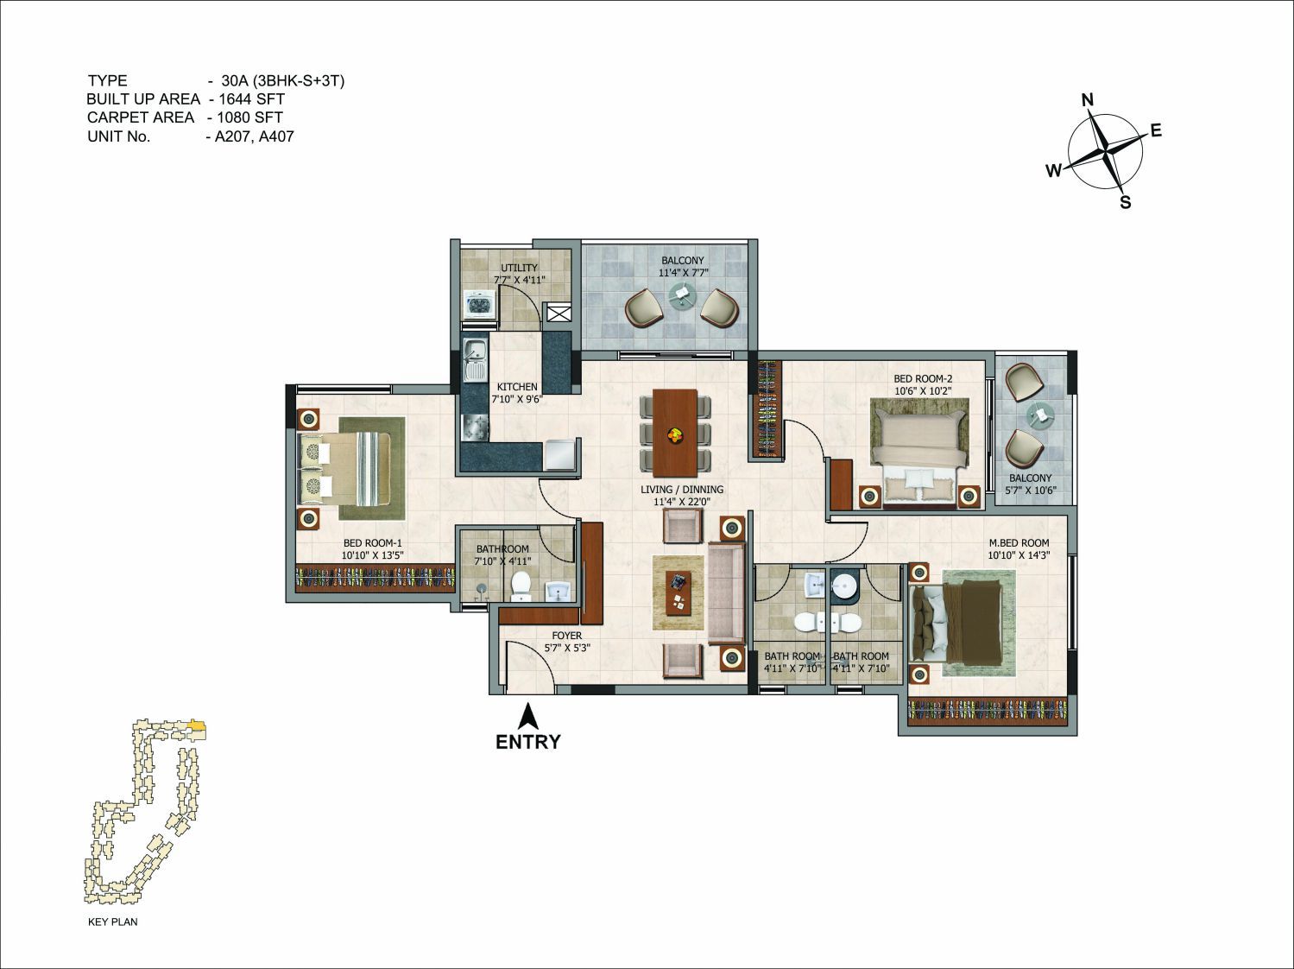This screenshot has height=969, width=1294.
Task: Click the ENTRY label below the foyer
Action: pyautogui.click(x=528, y=741)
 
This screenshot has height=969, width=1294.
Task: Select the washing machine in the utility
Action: pyautogui.click(x=479, y=304)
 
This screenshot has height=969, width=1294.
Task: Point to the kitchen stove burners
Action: pyautogui.click(x=475, y=427)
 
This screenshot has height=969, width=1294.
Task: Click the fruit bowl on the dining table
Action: pyautogui.click(x=674, y=436)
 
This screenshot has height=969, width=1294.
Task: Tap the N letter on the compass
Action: pyautogui.click(x=1088, y=100)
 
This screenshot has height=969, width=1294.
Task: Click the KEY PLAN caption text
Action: pyautogui.click(x=112, y=921)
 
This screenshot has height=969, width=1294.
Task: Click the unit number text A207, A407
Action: pyautogui.click(x=254, y=136)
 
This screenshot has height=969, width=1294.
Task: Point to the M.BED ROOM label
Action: pyautogui.click(x=1019, y=542)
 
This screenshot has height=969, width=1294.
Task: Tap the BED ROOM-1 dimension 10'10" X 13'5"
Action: pyautogui.click(x=372, y=555)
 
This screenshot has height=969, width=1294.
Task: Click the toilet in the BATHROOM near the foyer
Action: pyautogui.click(x=521, y=586)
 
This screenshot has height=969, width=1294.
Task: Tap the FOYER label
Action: pyautogui.click(x=566, y=635)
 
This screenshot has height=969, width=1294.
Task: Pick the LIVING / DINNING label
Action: pyautogui.click(x=682, y=490)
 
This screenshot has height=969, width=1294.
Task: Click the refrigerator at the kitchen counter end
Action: pyautogui.click(x=559, y=454)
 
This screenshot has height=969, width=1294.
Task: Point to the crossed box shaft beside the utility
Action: pyautogui.click(x=557, y=312)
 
